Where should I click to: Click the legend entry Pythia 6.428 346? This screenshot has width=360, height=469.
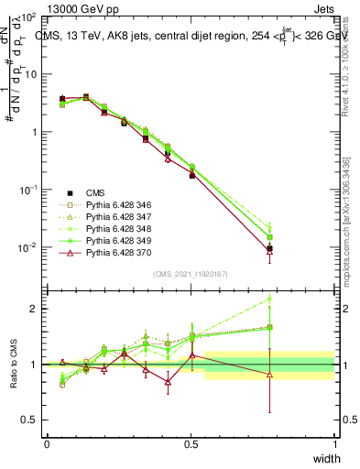(118, 205)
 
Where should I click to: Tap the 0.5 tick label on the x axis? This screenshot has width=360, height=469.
(191, 443)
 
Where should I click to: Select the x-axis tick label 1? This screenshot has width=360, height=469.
(334, 443)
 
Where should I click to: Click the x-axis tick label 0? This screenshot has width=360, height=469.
(47, 443)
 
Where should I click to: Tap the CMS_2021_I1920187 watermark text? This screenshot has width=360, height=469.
(191, 274)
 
